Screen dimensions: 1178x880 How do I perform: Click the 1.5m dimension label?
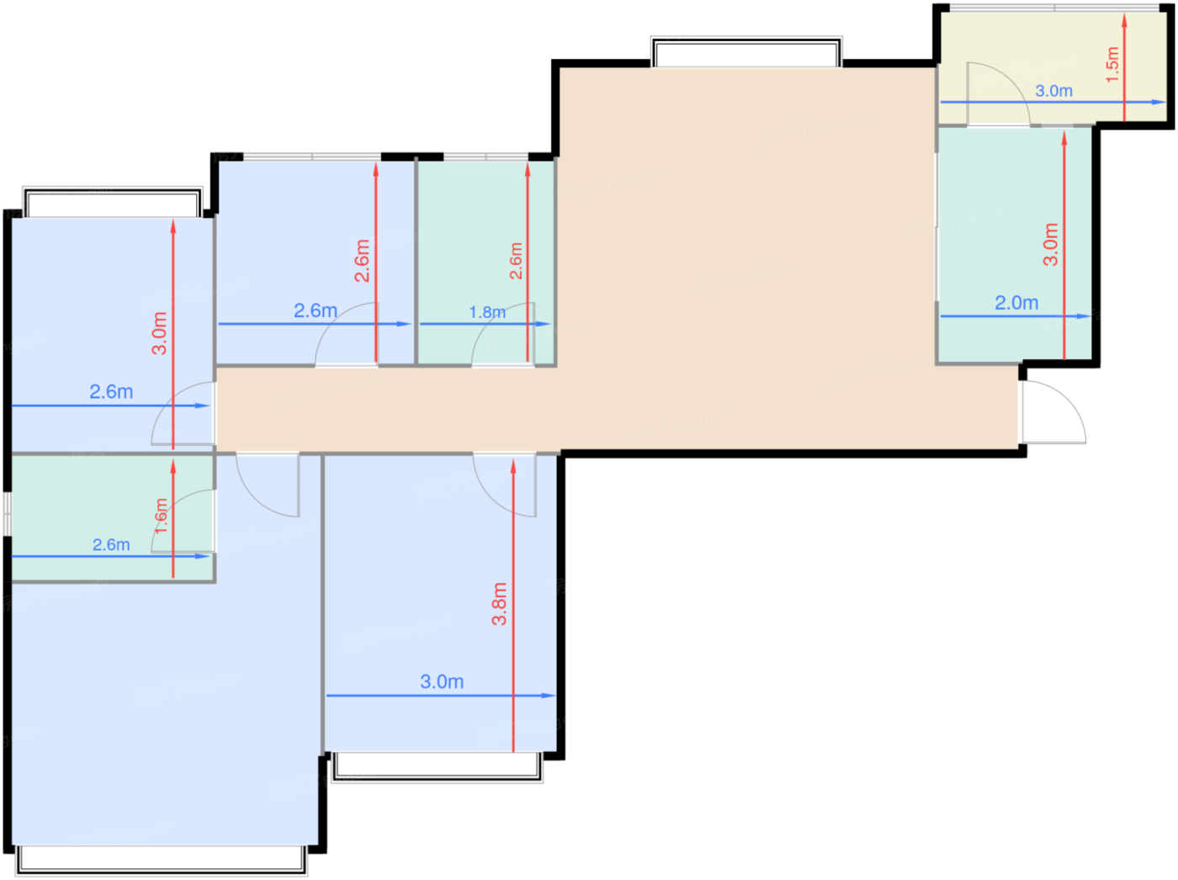[x=1112, y=65]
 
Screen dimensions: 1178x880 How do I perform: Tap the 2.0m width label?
[x=1016, y=303]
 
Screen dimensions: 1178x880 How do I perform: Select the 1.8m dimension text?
[x=486, y=312]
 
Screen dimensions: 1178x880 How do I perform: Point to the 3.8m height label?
[x=499, y=604]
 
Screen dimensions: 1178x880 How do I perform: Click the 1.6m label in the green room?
[x=161, y=516]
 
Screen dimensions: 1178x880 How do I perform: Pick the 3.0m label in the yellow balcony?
[x=1053, y=91]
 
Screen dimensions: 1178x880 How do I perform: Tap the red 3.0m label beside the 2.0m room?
[x=1050, y=244]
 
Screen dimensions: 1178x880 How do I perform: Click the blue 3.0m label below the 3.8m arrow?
[x=441, y=681]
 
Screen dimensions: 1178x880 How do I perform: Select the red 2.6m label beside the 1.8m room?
[x=515, y=261]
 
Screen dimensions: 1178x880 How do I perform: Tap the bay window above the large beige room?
[x=746, y=51]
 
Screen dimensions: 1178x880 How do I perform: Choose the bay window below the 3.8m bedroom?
[x=437, y=767]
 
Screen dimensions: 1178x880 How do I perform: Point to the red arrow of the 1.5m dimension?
[x=1124, y=67]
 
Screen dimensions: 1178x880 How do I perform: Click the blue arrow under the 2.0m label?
[x=1016, y=316]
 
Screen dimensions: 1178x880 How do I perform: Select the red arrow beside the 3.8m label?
[x=513, y=606]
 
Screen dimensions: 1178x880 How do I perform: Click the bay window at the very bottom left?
[x=161, y=861]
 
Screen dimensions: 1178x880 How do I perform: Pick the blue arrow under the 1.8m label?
[x=486, y=324]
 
